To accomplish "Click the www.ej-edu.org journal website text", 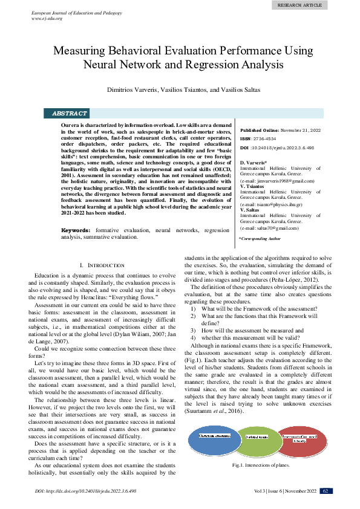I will (47, 19).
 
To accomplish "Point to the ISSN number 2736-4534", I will (267, 138).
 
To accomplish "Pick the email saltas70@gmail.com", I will (270, 228).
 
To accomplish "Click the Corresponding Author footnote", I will (260, 239).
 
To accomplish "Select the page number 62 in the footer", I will (325, 491).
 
